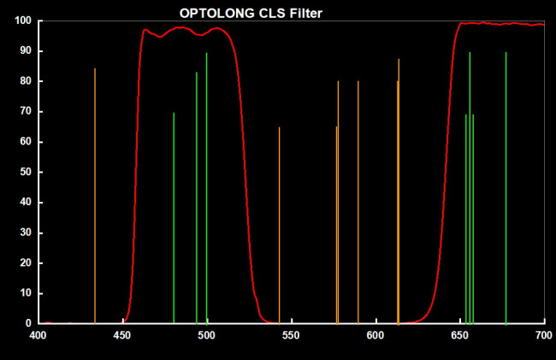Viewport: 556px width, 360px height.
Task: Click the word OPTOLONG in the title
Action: click(210, 13)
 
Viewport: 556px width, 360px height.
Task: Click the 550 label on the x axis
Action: click(292, 335)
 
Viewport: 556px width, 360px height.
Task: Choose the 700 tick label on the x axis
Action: click(544, 335)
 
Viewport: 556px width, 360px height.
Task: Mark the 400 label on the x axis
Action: click(38, 335)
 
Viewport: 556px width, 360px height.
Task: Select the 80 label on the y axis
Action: click(27, 81)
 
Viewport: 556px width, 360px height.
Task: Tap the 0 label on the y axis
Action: click(29, 323)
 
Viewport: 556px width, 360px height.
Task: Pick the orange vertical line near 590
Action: click(358, 202)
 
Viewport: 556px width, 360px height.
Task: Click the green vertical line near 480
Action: click(174, 217)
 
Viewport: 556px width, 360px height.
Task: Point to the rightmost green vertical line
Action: click(506, 187)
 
